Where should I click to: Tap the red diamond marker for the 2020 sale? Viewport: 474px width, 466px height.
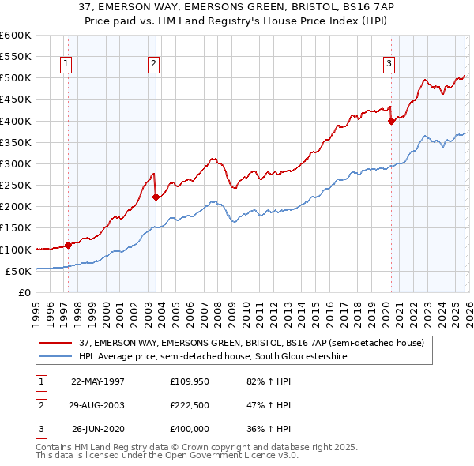point(391,121)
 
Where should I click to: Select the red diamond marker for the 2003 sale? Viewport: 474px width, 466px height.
point(156,197)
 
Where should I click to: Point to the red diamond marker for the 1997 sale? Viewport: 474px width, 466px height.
point(69,245)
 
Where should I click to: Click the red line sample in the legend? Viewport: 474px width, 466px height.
point(56,343)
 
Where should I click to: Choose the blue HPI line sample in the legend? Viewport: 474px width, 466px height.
point(56,357)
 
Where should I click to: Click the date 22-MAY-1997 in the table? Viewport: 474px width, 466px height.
point(98,381)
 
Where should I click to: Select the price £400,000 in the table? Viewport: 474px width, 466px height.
point(189,430)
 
